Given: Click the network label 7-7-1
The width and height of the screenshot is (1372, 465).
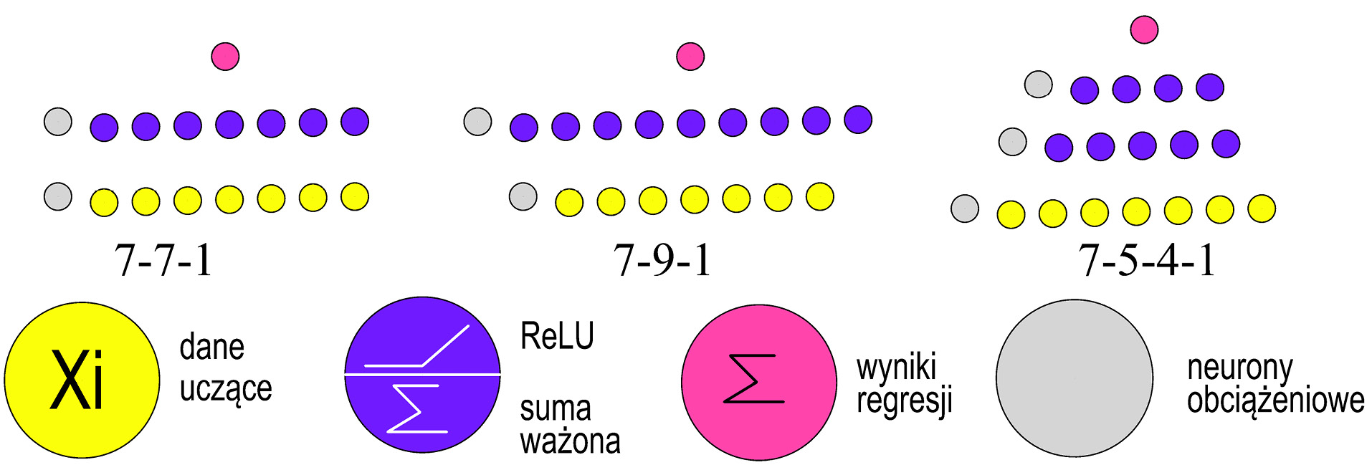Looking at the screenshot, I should pos(163,259).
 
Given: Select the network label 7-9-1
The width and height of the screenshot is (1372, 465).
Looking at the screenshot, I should pos(662,259).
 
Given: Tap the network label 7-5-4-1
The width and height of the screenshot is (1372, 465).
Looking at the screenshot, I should pos(1147,259).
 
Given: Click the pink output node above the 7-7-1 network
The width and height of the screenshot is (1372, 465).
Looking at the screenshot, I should pos(225,56).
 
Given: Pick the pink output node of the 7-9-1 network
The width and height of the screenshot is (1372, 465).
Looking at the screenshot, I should pos(690,56).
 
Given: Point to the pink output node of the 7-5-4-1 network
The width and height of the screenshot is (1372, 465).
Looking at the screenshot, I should pos(1144,29).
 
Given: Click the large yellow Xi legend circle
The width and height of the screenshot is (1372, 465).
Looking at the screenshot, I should pos(82,379).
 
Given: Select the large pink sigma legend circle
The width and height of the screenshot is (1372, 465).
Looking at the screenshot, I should pos(758,382).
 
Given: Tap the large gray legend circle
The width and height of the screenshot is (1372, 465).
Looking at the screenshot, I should pos(1074,378).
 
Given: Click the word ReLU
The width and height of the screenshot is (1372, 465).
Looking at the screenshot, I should pos(557,336).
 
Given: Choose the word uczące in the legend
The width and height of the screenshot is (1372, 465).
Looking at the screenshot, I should pos(226,389).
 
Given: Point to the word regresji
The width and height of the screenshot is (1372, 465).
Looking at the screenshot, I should pos(905,400).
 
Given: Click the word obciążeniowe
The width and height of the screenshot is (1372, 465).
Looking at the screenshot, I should pos(1275,400).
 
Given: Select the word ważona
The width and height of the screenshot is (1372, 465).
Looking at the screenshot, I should pos(570,441).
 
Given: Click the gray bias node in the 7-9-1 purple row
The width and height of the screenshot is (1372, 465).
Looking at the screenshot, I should pos(477,121).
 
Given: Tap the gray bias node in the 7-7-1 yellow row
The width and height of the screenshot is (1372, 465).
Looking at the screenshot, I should pos(58,196).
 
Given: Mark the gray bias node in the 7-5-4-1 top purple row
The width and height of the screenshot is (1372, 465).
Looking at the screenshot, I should pos(1038,84).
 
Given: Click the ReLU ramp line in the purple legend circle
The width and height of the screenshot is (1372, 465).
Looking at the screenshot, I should pos(444,346).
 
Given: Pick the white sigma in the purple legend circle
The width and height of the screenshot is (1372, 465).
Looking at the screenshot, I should pos(416,408).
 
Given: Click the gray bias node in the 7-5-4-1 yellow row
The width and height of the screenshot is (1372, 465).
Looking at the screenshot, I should pos(965,208).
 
